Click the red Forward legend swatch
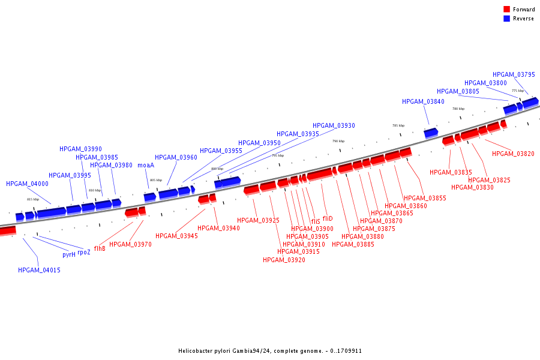[506, 9]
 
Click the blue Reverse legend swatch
[506, 19]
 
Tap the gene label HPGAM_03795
[514, 74]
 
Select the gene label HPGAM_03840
[423, 102]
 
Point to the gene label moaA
[146, 165]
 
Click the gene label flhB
[100, 248]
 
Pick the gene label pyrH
[69, 254]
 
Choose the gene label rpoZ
[84, 252]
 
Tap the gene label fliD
[328, 218]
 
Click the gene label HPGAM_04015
[39, 270]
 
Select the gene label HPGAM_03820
[513, 154]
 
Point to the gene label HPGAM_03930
[334, 125]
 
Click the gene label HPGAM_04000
[27, 184]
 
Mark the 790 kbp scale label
[338, 141]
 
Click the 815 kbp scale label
[33, 199]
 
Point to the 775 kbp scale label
[517, 91]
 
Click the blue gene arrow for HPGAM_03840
[431, 133]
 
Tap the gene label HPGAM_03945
[176, 236]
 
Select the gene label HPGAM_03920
[284, 260]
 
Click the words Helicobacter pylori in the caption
[205, 351]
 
